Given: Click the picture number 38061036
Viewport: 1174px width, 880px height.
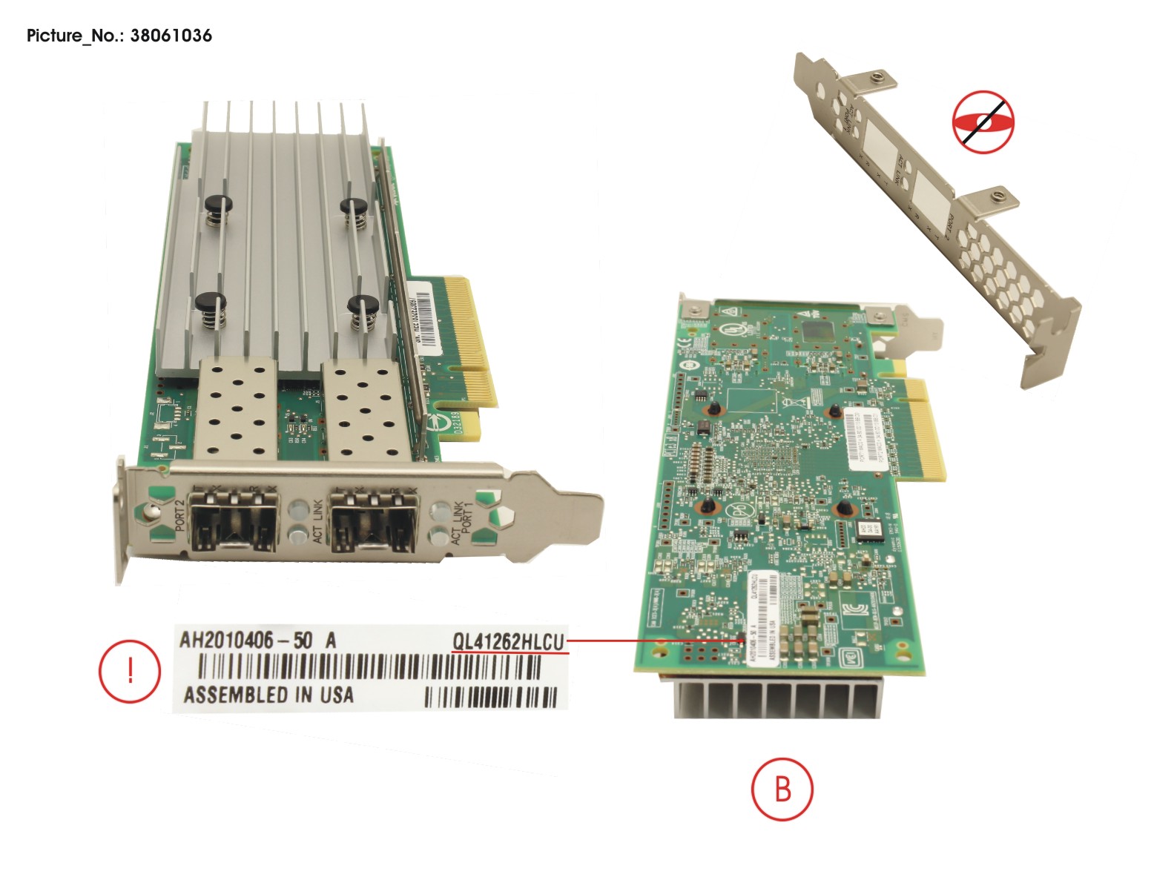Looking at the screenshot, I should [171, 36].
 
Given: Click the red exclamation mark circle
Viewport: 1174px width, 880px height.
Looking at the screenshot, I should [130, 670].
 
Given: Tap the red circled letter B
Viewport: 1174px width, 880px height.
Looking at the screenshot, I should [782, 789].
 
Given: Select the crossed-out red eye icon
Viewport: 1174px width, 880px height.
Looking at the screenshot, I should [983, 122].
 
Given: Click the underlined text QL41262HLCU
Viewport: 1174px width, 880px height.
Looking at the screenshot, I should [509, 641].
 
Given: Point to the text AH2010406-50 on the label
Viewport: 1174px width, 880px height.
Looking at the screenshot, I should [245, 640].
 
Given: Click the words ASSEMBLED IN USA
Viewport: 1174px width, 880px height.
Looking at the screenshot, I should [268, 695].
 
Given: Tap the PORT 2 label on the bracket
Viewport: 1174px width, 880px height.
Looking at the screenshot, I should [179, 515].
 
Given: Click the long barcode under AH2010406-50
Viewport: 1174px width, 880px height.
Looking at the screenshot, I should [369, 669].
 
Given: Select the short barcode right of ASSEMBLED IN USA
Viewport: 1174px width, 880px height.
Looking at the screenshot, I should [490, 697].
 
